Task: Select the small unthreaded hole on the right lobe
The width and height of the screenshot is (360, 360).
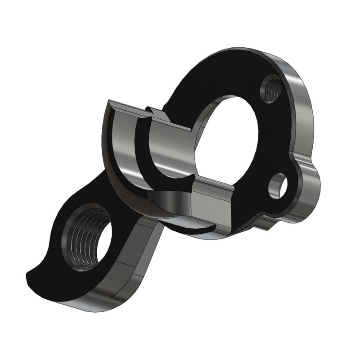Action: click(279, 185)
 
